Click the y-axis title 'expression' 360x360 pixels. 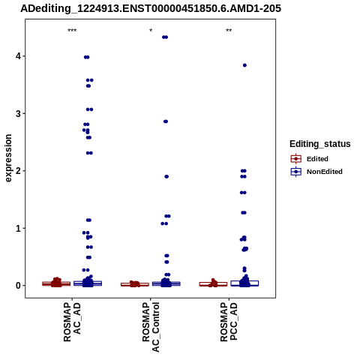[x=8, y=158]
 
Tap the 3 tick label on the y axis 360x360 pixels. [x=19, y=113]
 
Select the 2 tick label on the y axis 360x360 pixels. [x=19, y=171]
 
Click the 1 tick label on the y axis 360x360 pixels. [x=19, y=228]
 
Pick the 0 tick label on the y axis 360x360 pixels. [x=19, y=286]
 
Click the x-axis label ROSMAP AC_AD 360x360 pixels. [x=72, y=322]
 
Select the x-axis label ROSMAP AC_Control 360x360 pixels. [x=151, y=327]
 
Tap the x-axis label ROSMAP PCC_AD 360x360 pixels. [x=229, y=322]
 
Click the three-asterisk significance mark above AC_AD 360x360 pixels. [x=72, y=31]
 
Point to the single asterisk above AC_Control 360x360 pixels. [x=151, y=31]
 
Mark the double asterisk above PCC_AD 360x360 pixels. [x=229, y=31]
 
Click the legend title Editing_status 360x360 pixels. [x=320, y=144]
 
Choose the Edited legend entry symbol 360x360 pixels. [x=296, y=159]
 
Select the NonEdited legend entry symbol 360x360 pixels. [x=296, y=172]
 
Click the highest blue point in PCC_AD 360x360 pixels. [x=244, y=65]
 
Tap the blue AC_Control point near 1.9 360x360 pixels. [x=166, y=177]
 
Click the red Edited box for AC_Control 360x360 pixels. [x=135, y=284]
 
